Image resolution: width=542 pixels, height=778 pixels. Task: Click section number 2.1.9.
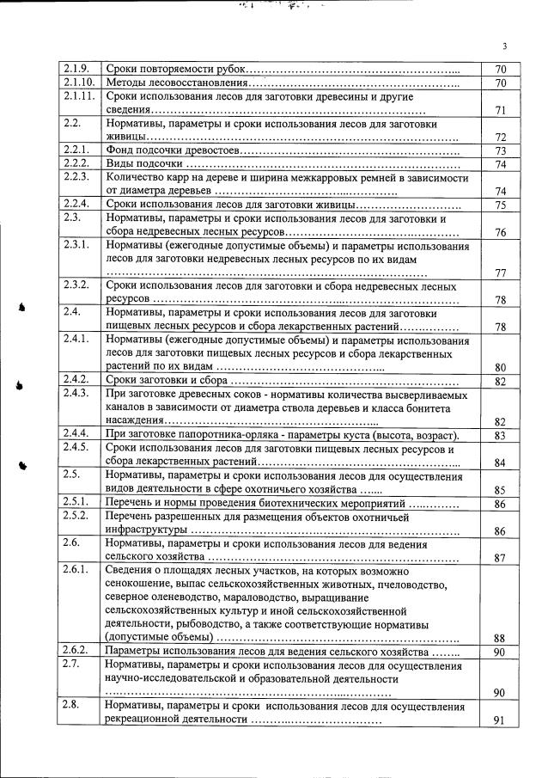click(76, 68)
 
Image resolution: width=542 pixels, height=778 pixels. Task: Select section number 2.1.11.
click(77, 96)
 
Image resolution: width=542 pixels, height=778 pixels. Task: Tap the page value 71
click(501, 110)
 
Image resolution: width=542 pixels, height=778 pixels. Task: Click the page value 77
click(501, 273)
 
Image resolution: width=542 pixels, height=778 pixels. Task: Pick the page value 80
click(501, 367)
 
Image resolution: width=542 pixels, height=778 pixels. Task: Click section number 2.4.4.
click(76, 435)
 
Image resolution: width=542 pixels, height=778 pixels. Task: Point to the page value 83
click(501, 436)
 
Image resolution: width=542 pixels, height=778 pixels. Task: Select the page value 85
click(501, 490)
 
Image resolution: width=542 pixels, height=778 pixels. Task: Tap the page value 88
click(501, 638)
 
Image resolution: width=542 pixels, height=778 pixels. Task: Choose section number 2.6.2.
click(76, 652)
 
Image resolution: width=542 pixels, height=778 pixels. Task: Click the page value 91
click(501, 720)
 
